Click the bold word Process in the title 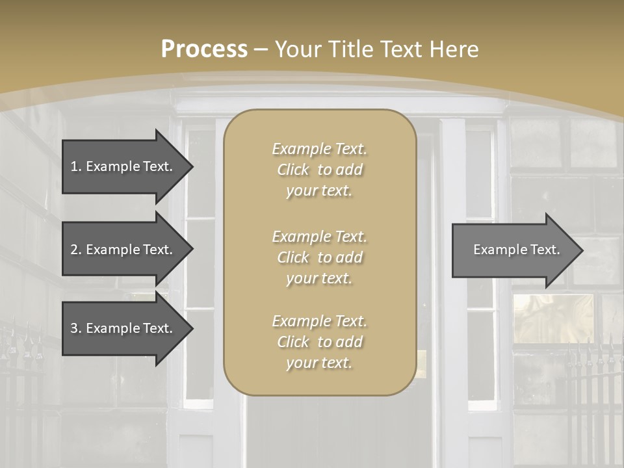pos(204,49)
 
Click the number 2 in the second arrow pos(74,250)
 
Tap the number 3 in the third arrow pos(74,328)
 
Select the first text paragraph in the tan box pos(319,170)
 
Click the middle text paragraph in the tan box pos(319,257)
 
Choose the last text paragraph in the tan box pos(319,342)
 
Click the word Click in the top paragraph pos(293,170)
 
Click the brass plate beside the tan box pos(421,364)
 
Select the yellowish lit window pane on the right pos(552,318)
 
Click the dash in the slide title pos(261,49)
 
